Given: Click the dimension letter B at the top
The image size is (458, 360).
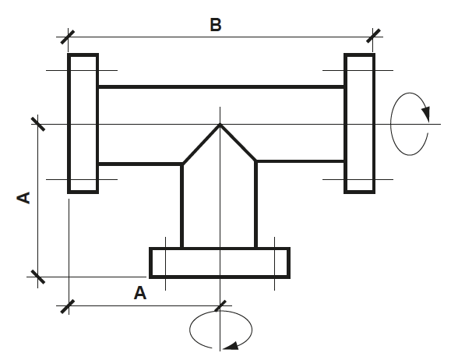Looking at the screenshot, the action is [216, 25].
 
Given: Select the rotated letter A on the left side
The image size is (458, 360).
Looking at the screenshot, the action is [23, 198].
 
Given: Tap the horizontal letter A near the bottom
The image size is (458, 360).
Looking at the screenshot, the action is [140, 293].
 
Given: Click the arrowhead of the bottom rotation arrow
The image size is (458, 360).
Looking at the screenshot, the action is [231, 346].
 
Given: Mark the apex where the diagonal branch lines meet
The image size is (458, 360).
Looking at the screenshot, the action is [220, 125].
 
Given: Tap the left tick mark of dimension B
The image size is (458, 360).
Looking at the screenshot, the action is [68, 37].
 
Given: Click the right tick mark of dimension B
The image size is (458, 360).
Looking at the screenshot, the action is [373, 36].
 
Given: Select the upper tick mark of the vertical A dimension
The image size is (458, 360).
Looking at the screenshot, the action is [38, 124].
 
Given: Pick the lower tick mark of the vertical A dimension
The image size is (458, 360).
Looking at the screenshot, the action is [38, 277].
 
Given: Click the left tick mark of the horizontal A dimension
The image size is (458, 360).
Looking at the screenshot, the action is [68, 306].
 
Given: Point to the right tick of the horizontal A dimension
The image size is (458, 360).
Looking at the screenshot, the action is [220, 306].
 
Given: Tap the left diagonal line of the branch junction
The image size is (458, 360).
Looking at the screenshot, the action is [201, 145].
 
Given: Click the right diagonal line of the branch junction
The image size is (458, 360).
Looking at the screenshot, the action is [238, 143].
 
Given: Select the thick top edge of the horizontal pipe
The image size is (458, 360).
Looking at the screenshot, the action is [221, 86].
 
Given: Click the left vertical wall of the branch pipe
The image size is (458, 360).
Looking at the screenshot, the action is [182, 206].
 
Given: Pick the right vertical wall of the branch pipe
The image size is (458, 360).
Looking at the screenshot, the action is [255, 204].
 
